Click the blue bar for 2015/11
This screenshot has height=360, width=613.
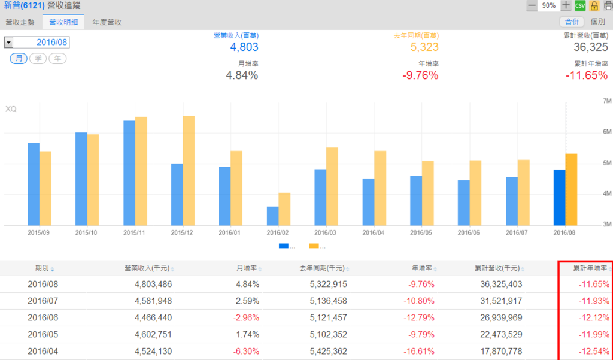pyautogui.click(x=129, y=173)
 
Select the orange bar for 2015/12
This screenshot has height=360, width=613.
pyautogui.click(x=189, y=171)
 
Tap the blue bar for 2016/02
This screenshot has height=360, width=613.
pyautogui.click(x=272, y=216)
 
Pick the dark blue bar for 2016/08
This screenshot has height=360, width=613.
pyautogui.click(x=560, y=198)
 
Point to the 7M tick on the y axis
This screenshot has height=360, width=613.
pyautogui.click(x=606, y=101)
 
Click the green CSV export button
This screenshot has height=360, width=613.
pyautogui.click(x=580, y=5)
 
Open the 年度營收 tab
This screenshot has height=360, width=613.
pyautogui.click(x=107, y=22)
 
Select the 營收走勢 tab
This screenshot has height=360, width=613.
pyautogui.click(x=20, y=22)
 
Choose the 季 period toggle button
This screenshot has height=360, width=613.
pyautogui.click(x=38, y=58)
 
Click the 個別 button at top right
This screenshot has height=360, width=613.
pyautogui.click(x=597, y=22)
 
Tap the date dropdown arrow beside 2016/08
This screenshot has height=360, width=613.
pyautogui.click(x=8, y=43)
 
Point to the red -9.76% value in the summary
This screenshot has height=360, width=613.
pyautogui.click(x=420, y=75)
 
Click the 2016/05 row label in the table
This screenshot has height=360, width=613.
pyautogui.click(x=43, y=334)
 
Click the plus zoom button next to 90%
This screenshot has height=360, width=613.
pyautogui.click(x=566, y=5)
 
